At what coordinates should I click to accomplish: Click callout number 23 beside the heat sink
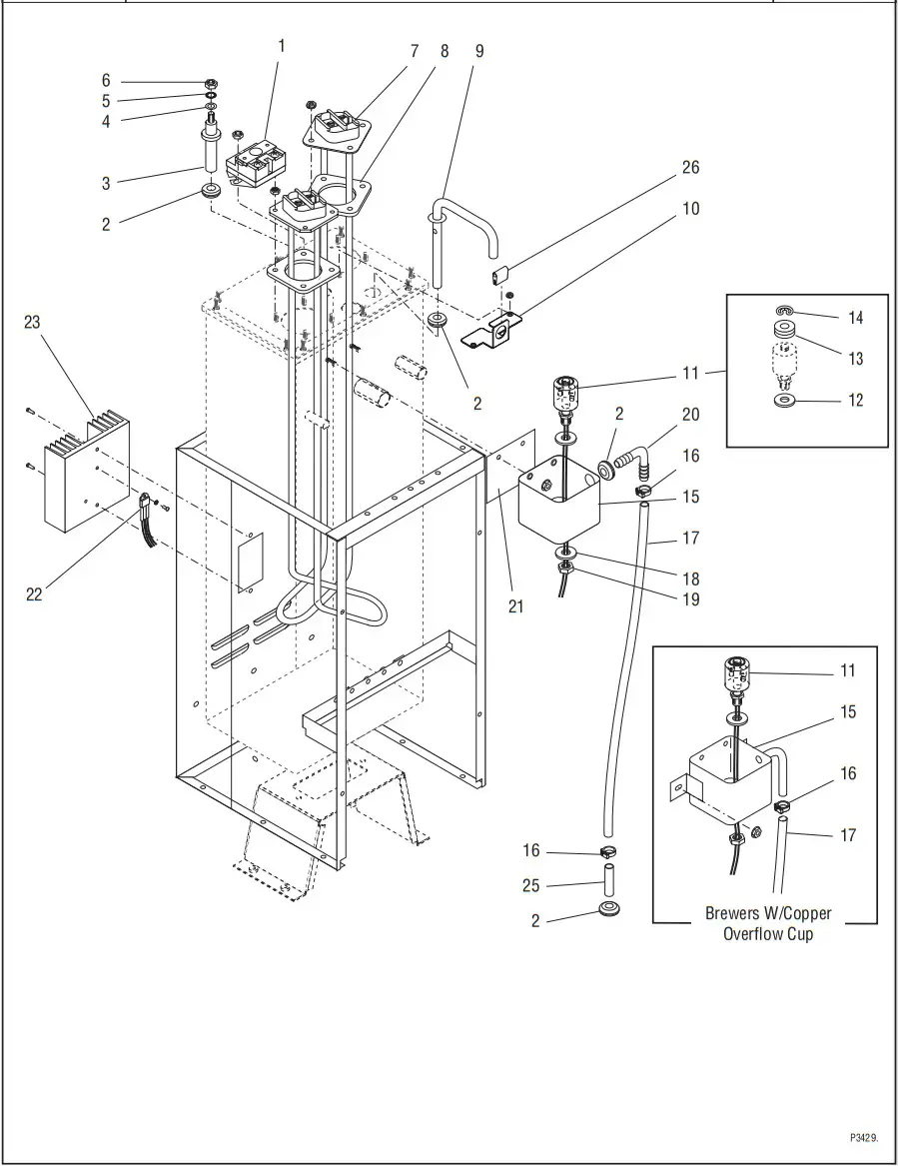click(33, 322)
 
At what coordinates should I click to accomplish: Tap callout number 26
click(690, 167)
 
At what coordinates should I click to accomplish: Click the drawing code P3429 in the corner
click(863, 1138)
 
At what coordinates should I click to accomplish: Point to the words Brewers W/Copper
click(767, 913)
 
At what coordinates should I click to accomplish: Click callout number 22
click(34, 594)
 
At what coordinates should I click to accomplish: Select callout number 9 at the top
click(479, 50)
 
